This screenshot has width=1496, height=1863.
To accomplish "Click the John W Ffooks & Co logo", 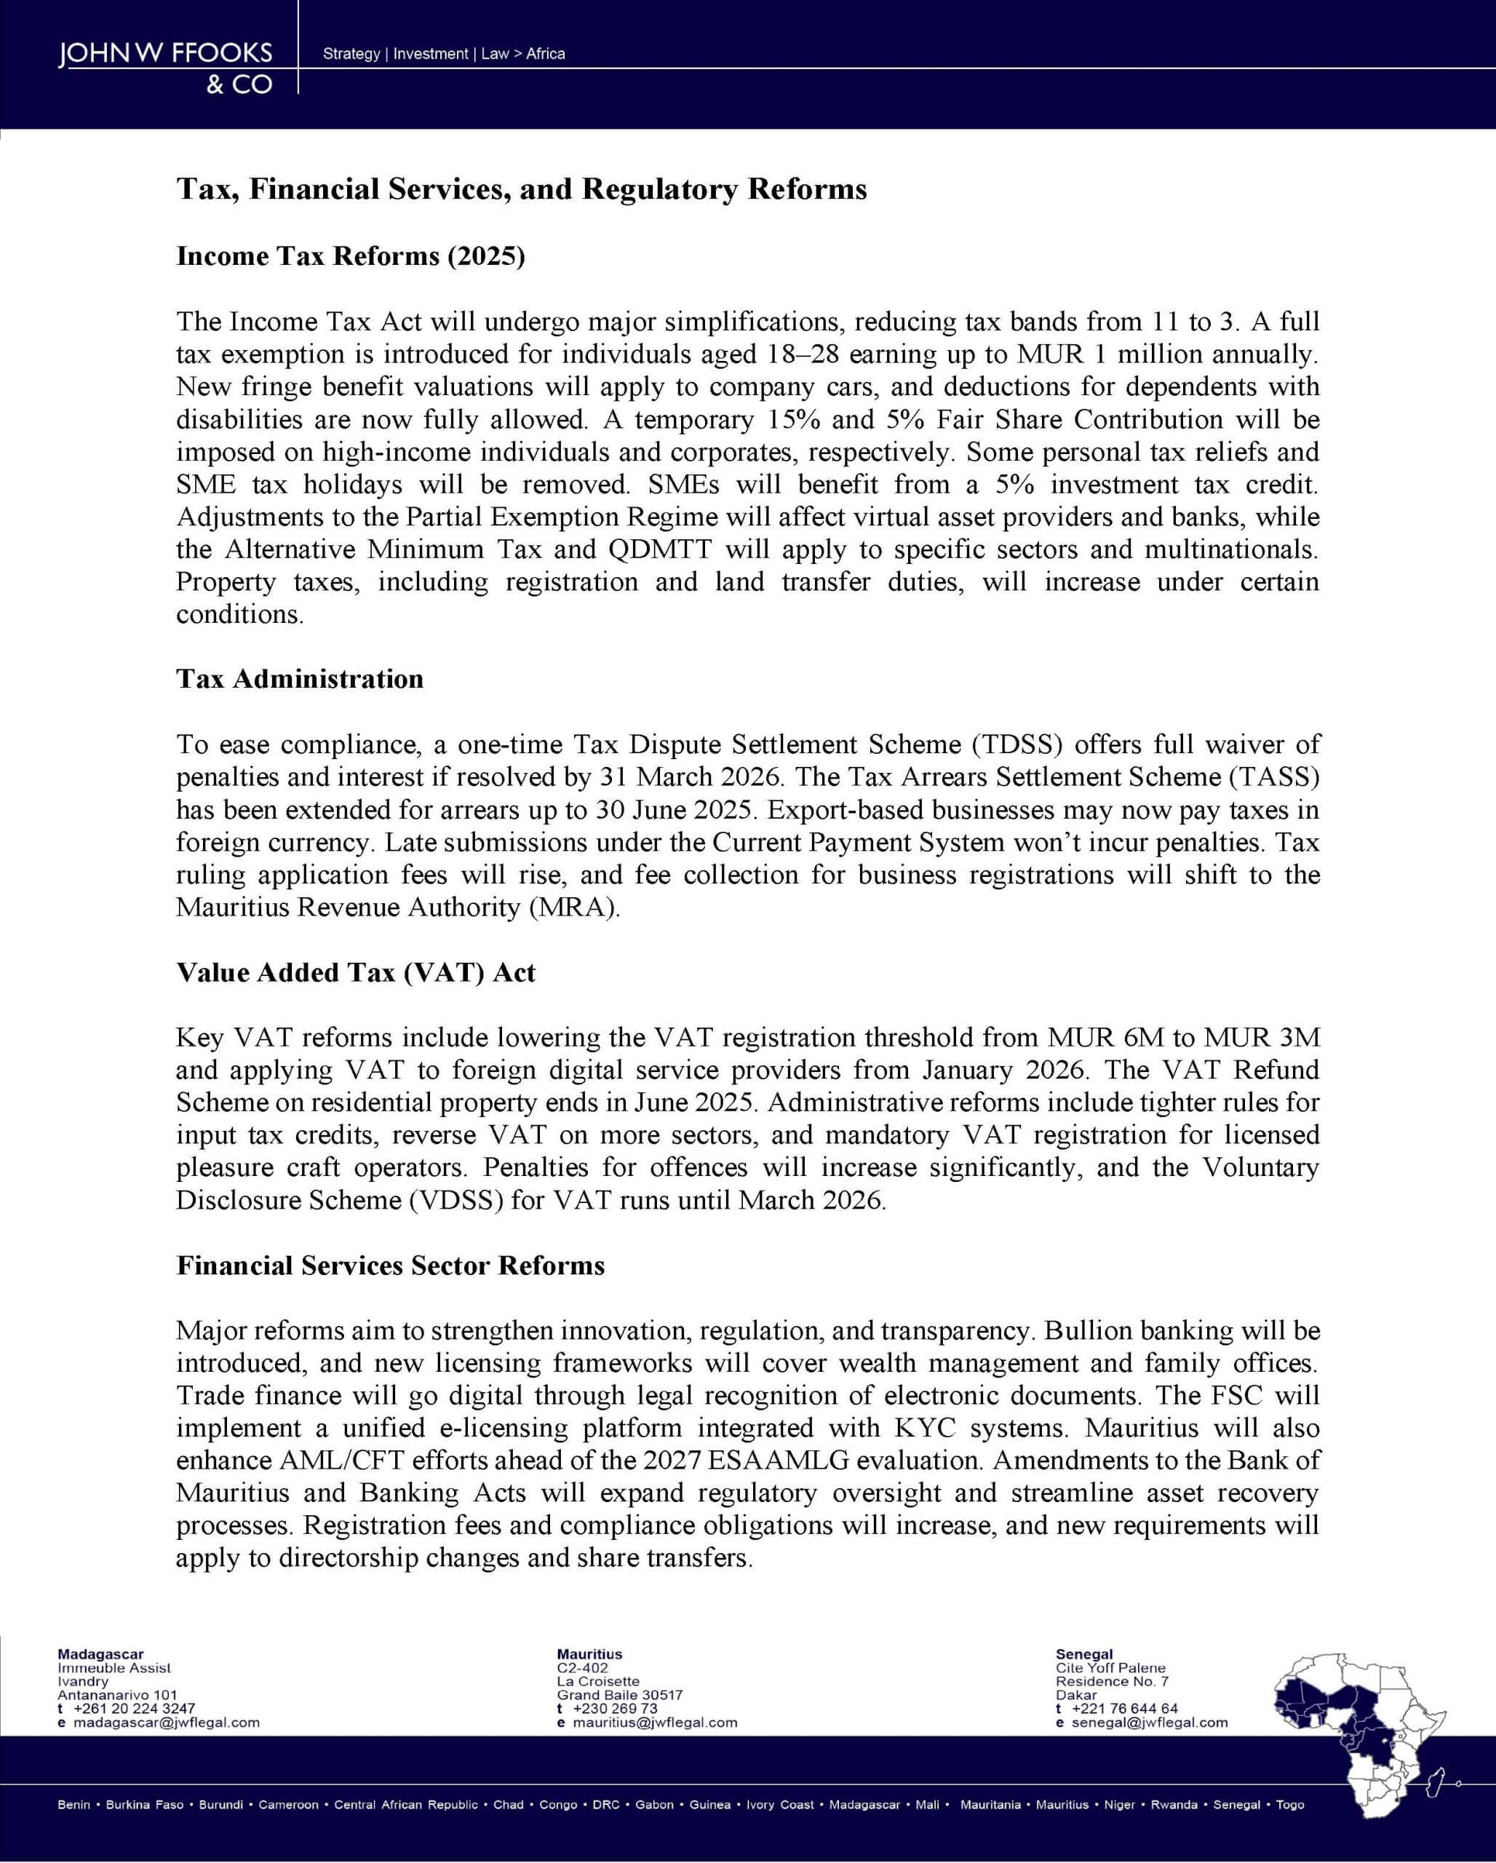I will click(165, 68).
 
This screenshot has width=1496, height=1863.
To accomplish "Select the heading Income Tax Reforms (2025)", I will click(351, 257).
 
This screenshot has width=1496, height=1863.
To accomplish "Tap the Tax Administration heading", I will click(300, 679).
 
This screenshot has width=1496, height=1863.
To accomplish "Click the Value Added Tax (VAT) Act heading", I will click(356, 973).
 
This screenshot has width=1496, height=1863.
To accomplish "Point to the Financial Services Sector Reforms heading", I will click(391, 1266).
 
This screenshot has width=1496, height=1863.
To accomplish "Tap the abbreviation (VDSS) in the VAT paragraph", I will click(456, 1200).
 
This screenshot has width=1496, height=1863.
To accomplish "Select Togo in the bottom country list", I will click(1289, 1805).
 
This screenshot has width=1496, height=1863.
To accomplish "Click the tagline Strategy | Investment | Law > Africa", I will click(444, 54).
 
